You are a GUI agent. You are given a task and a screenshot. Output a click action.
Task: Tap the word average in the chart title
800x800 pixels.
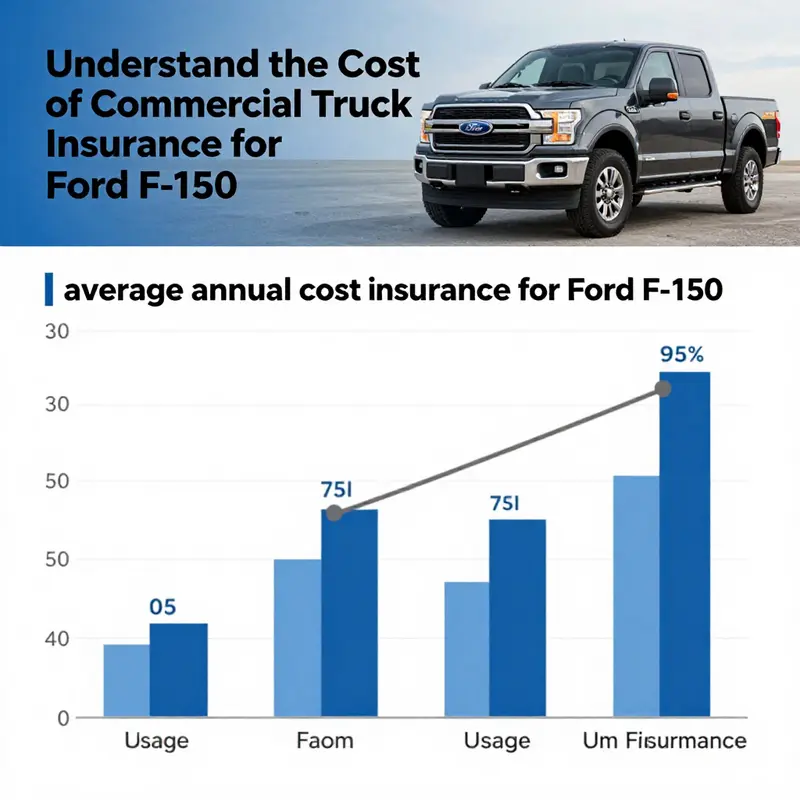(x=118, y=292)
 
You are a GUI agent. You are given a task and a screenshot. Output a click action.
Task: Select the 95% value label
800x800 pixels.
(x=684, y=353)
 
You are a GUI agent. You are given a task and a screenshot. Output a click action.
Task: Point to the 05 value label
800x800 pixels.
(x=163, y=606)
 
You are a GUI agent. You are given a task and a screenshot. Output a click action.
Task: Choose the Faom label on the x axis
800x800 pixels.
(x=326, y=741)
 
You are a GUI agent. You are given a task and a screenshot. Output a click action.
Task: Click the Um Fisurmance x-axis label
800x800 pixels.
(x=664, y=741)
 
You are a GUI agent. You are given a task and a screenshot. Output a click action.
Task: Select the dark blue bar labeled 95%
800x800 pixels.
(x=684, y=545)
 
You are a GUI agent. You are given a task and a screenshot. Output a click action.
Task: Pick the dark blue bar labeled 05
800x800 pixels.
(x=178, y=670)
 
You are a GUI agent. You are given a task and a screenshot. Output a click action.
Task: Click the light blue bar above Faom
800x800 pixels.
(x=298, y=638)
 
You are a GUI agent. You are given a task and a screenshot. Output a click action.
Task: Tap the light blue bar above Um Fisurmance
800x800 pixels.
(x=636, y=596)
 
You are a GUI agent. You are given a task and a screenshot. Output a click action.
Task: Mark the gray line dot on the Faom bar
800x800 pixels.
(x=334, y=513)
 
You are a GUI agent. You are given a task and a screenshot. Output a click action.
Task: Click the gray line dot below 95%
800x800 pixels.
(x=662, y=388)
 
